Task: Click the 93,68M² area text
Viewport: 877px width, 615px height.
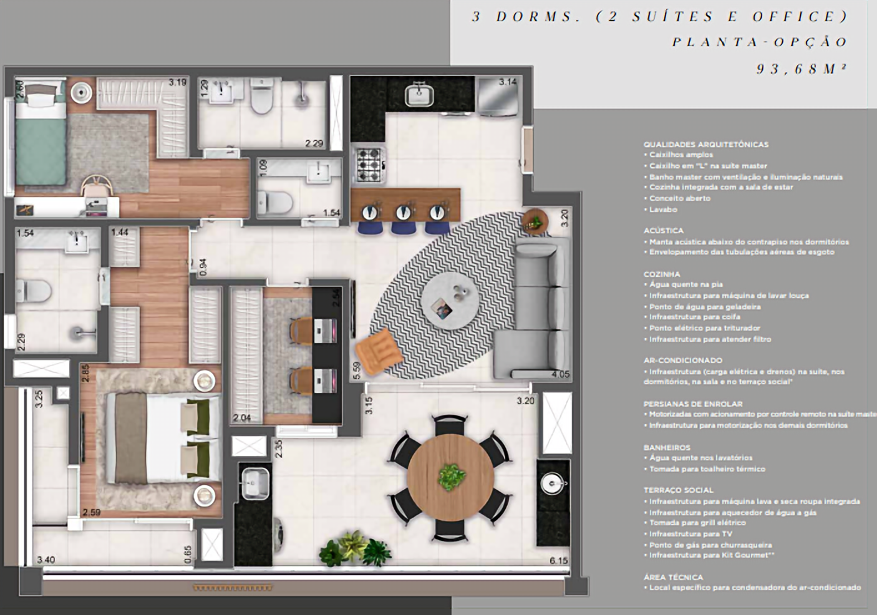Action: (802, 69)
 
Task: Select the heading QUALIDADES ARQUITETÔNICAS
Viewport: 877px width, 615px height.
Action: (705, 144)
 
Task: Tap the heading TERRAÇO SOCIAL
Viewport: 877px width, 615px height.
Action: (678, 490)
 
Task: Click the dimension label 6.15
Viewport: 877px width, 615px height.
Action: (559, 561)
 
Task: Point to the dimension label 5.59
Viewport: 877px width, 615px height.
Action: (356, 370)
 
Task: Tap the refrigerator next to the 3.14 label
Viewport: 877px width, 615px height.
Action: (497, 98)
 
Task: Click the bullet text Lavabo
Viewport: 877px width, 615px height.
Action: (662, 210)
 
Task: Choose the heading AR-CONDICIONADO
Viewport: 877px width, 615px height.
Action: (682, 361)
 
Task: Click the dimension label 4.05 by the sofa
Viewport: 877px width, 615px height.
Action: (560, 375)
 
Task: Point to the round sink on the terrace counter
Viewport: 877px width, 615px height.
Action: (553, 482)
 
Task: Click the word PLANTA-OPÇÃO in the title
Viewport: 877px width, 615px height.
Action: (760, 42)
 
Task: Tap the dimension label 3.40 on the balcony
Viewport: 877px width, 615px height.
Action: (46, 560)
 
